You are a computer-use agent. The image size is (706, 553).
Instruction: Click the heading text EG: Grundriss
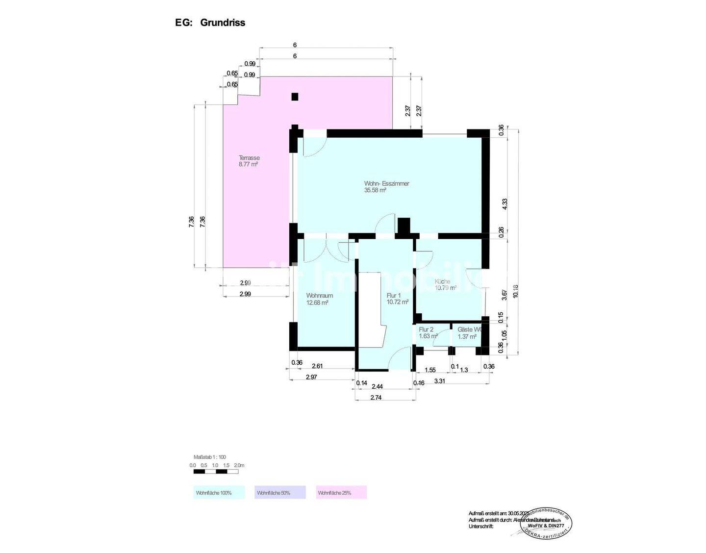coord(210,23)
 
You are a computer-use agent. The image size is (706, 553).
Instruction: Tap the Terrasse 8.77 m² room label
coord(249,161)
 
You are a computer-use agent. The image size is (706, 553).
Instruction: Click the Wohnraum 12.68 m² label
coord(319,299)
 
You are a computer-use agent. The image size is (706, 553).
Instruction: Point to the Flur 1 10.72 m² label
coord(397,299)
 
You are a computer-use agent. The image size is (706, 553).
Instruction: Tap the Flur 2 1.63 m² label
coord(428,333)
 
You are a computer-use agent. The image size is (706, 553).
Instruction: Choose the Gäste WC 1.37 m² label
coord(469,333)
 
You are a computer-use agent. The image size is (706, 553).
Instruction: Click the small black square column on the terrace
coord(295,97)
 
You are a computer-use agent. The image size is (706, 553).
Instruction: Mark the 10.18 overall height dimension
coord(515,291)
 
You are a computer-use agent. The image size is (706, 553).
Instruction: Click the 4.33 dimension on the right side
coord(504,204)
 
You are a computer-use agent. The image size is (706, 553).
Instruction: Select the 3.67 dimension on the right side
coord(504,295)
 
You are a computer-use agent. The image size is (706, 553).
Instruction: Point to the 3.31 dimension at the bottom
coord(440,381)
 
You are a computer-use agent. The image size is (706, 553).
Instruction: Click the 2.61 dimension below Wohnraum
coord(317,366)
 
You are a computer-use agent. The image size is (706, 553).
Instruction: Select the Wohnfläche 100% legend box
coord(219,492)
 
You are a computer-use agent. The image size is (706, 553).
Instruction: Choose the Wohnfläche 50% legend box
coord(280,492)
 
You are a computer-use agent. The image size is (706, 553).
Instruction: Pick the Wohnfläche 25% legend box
coord(342,492)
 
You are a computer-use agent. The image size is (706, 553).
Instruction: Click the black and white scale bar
coord(216,472)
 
